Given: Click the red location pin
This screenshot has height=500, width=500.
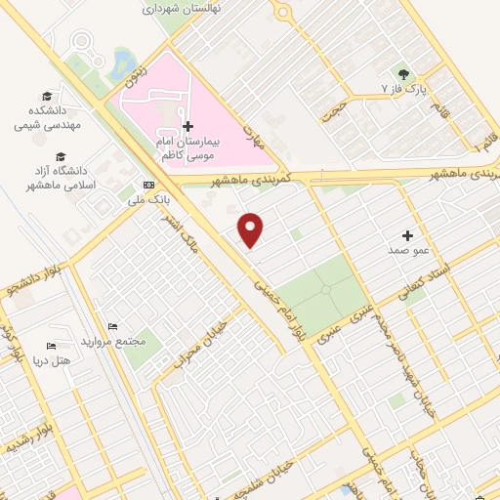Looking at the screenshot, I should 252,229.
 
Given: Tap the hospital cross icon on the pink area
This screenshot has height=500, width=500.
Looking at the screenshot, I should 187,127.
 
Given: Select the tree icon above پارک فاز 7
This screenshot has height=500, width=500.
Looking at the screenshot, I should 400,73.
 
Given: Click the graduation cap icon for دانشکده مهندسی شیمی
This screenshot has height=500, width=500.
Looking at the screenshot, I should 47,96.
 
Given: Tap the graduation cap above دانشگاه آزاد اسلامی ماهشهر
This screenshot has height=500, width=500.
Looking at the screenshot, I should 62,156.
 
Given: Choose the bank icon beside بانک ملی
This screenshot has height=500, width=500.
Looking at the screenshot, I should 148,185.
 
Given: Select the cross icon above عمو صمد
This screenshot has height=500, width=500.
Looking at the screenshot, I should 407,235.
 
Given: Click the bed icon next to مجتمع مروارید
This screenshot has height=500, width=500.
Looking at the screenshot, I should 113,326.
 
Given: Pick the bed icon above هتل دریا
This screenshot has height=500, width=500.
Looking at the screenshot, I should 52,346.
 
